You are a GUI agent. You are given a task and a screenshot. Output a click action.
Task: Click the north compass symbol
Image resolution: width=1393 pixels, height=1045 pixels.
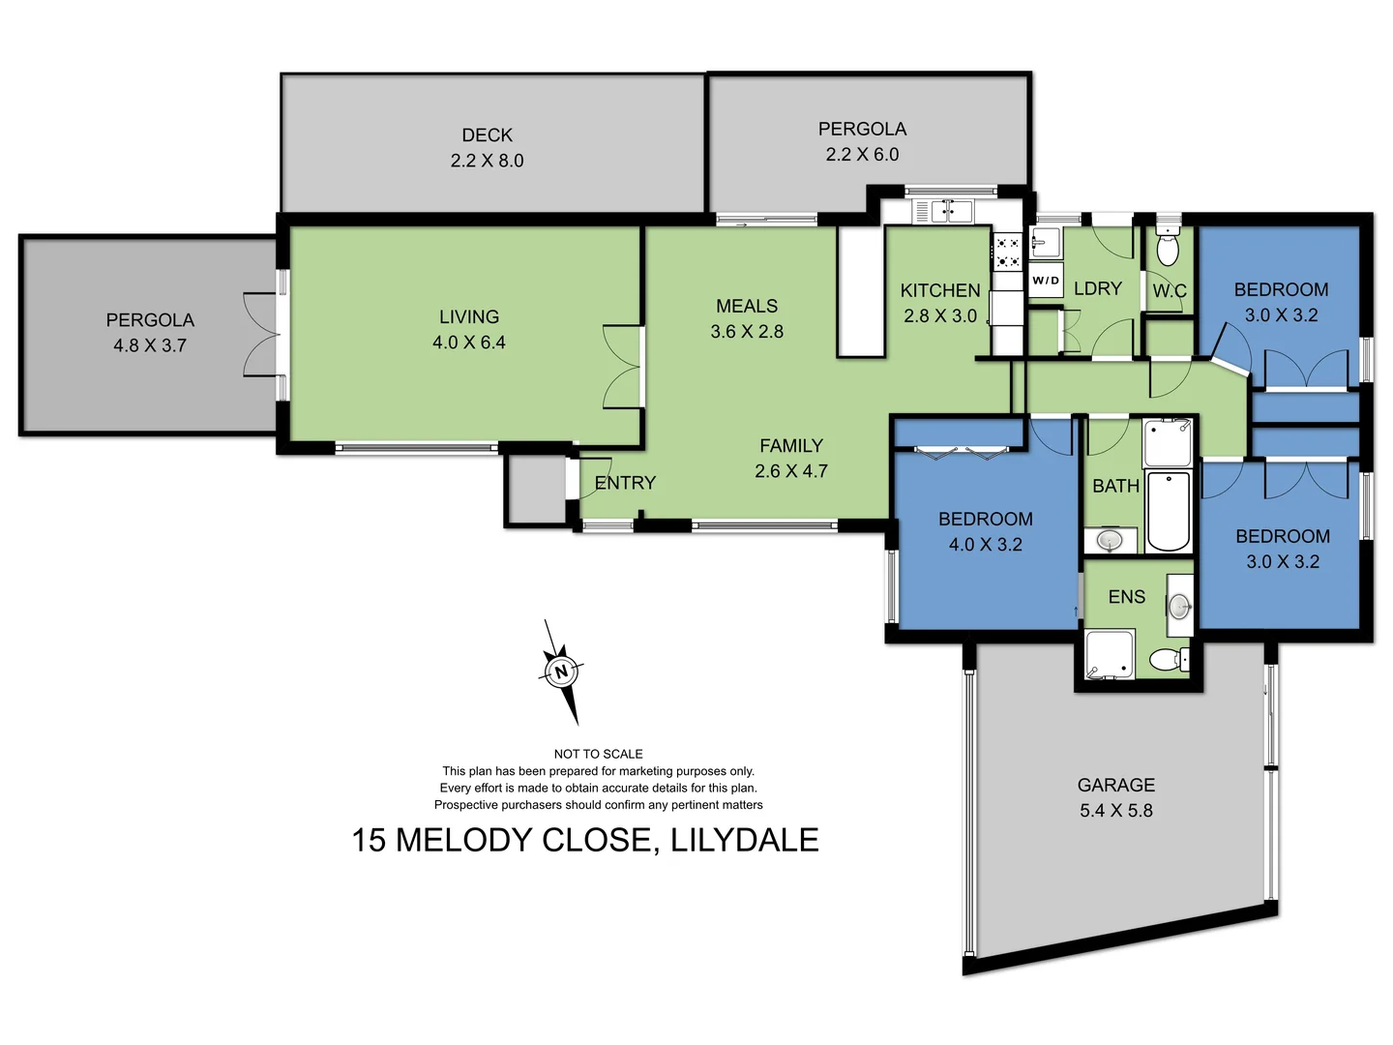(x=561, y=671)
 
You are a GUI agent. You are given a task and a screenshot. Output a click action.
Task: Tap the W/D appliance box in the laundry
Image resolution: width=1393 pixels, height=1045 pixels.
(x=1046, y=281)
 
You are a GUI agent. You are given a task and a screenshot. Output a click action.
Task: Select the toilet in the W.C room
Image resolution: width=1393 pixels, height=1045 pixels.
(x=1169, y=248)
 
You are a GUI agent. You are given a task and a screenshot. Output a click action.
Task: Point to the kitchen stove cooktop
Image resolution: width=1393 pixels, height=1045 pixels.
(x=1008, y=253)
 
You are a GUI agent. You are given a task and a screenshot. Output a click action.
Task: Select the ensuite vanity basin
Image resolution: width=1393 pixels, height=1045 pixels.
(x=1179, y=607)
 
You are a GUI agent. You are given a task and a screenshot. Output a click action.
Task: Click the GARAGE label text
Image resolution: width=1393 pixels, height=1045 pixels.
(x=1116, y=785)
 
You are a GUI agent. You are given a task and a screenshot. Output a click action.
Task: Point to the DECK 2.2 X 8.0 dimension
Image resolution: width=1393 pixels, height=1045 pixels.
(x=487, y=161)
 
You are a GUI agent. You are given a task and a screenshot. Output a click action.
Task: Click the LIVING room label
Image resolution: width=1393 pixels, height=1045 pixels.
(x=469, y=317)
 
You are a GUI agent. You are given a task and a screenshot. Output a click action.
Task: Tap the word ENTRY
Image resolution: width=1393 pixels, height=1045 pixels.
(x=625, y=483)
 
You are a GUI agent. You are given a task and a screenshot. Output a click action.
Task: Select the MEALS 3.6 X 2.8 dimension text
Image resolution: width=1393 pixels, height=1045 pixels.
(x=747, y=331)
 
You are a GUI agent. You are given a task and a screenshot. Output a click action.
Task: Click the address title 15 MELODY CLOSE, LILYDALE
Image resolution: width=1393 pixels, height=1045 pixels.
(x=585, y=840)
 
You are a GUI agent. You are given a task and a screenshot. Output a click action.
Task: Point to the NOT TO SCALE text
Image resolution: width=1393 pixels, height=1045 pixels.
(x=598, y=754)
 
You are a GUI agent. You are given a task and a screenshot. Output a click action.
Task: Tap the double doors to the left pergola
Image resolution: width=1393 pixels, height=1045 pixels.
(x=261, y=335)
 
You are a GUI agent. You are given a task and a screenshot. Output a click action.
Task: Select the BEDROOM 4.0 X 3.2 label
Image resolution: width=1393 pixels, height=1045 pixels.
(x=985, y=531)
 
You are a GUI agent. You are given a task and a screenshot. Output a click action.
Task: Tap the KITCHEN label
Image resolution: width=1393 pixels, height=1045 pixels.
(x=939, y=290)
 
